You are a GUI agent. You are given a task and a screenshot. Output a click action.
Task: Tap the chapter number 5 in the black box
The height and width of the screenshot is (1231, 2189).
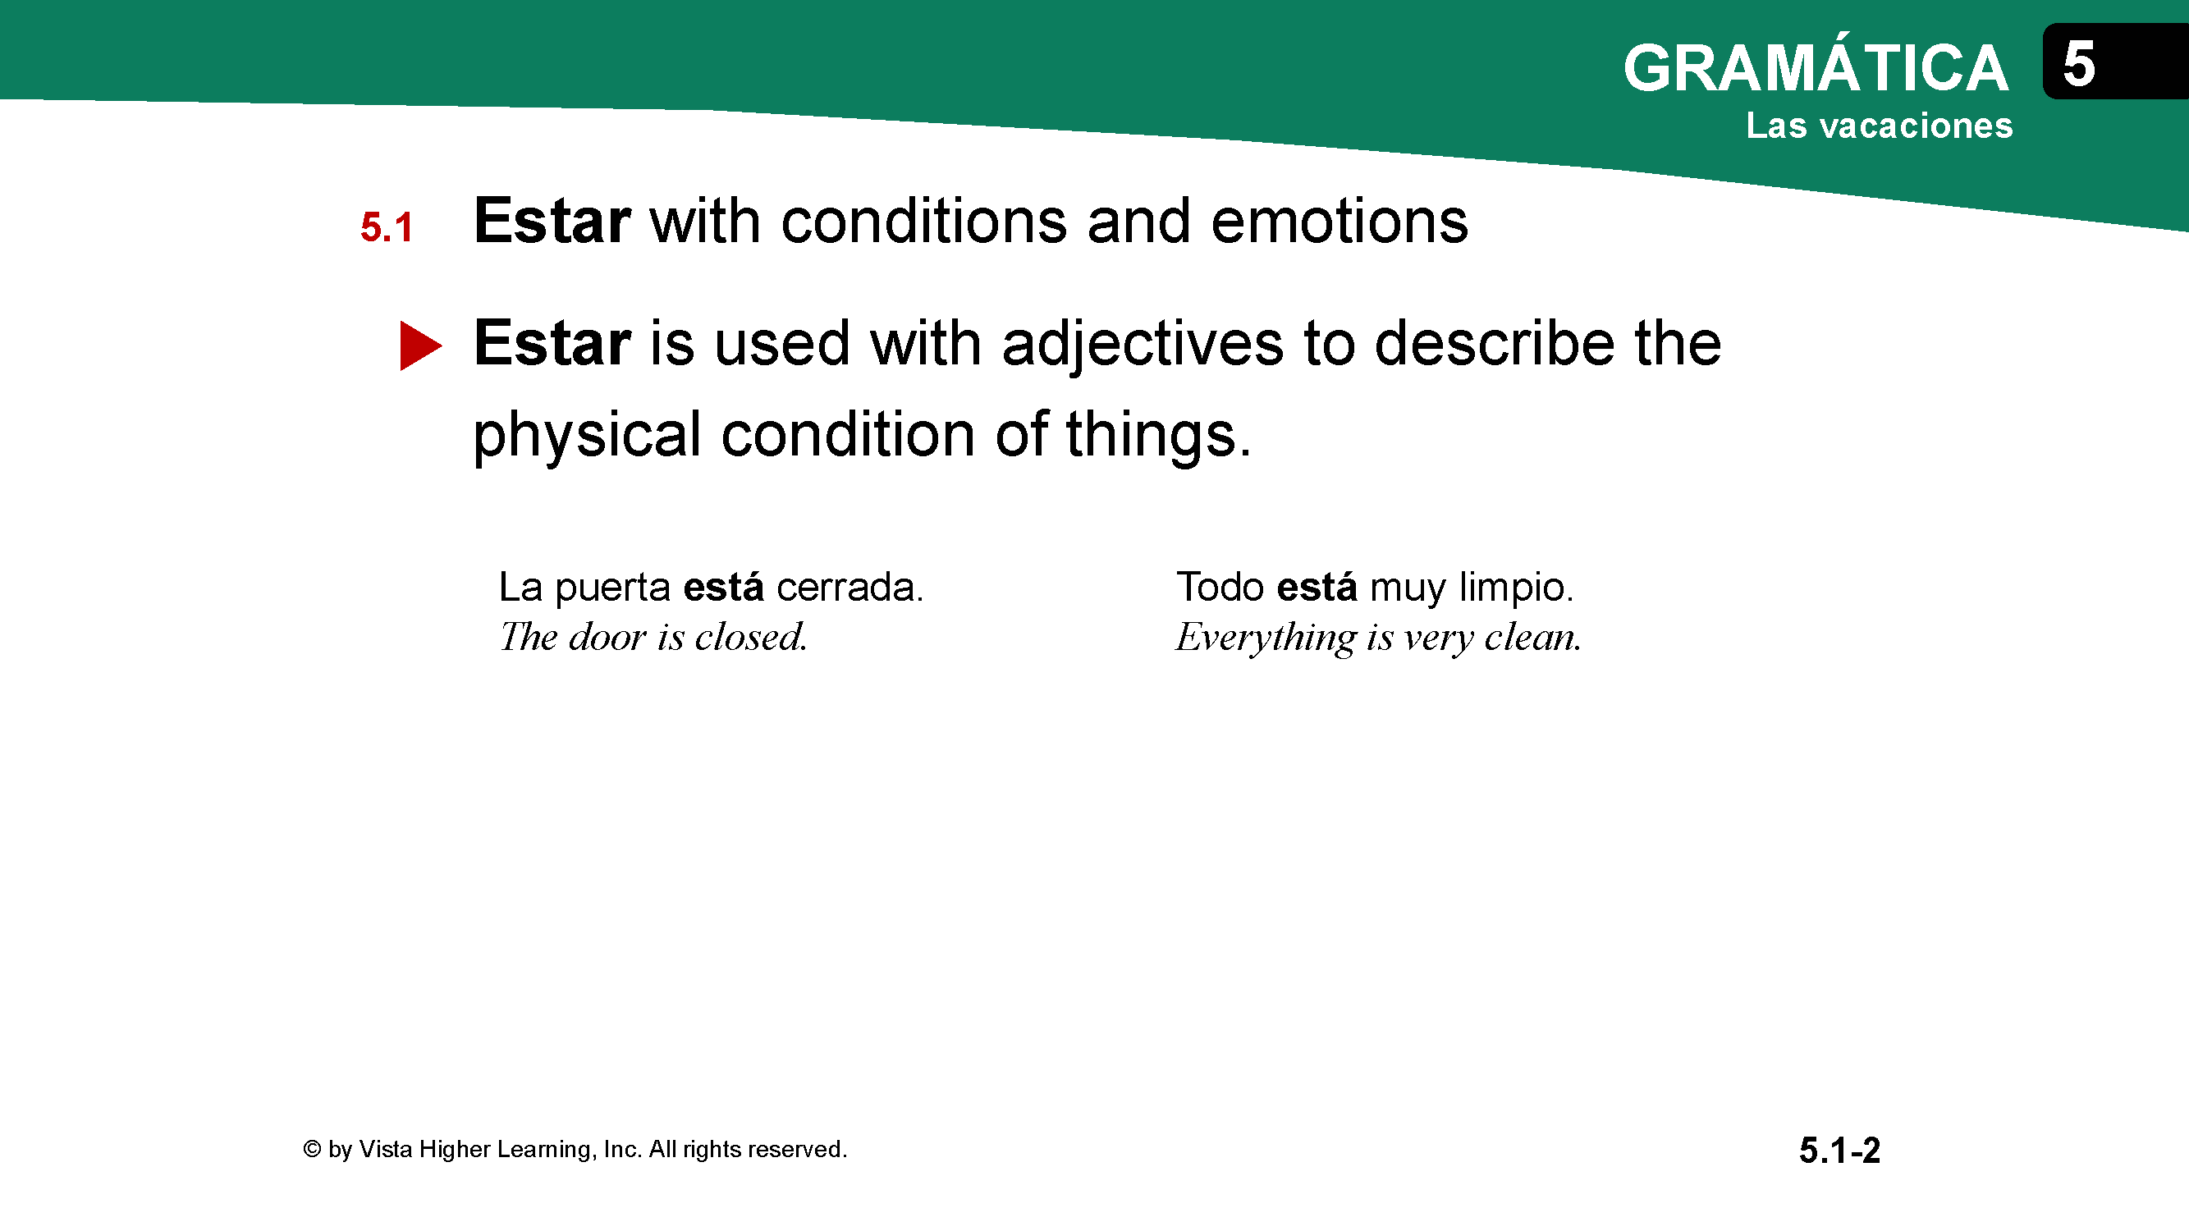coord(2078,64)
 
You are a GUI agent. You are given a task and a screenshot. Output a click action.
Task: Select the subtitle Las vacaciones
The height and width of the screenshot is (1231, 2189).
coord(1880,126)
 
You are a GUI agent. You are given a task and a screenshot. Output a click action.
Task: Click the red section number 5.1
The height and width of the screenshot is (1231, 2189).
coord(387,227)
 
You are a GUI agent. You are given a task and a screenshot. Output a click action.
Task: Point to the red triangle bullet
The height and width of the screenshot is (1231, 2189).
coord(420,345)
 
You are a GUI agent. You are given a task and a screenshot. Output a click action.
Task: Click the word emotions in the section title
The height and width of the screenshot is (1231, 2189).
coord(1340,221)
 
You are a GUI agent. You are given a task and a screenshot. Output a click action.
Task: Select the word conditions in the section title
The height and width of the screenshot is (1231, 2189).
coord(923,221)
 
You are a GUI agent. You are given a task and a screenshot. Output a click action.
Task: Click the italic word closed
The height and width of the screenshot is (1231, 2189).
coord(750,637)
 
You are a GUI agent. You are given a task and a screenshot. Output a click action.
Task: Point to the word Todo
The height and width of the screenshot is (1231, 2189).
coord(1220,587)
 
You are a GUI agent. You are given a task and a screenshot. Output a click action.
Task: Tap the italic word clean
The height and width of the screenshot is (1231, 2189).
coord(1533,637)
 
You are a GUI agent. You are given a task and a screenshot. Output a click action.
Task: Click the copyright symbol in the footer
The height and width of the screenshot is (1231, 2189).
coord(312,1150)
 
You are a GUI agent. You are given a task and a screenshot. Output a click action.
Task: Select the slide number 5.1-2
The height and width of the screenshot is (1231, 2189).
coord(1839,1151)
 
